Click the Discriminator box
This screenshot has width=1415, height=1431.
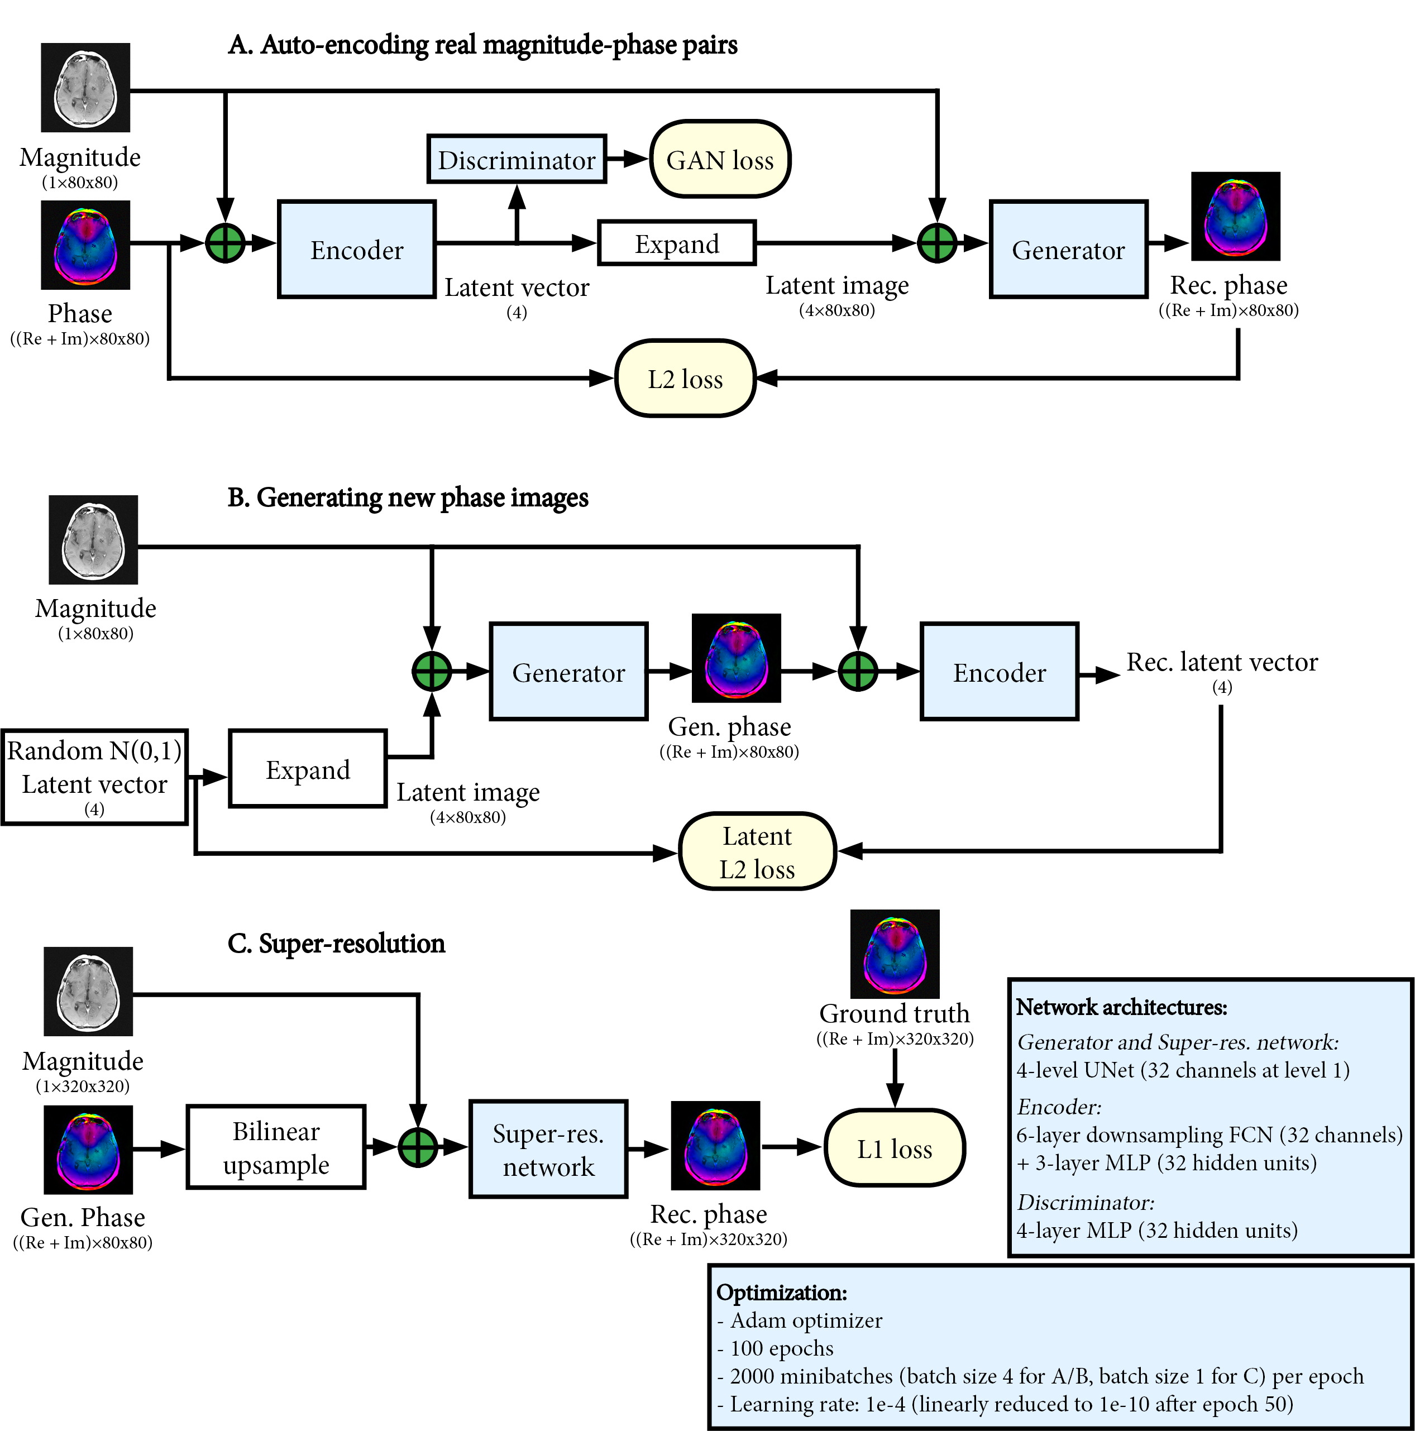(517, 159)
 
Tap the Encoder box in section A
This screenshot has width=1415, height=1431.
(356, 250)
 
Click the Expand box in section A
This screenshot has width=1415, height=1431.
(676, 243)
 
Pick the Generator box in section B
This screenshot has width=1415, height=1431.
(568, 672)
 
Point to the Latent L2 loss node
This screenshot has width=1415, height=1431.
(757, 852)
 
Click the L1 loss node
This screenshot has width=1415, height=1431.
(894, 1148)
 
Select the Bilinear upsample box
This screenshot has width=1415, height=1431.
(276, 1147)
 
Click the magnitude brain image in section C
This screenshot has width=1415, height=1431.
(88, 991)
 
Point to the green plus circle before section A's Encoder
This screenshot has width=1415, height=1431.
(225, 243)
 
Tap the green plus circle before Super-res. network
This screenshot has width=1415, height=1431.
(418, 1147)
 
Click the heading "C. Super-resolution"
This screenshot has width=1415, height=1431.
(336, 944)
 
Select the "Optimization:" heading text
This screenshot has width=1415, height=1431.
(782, 1293)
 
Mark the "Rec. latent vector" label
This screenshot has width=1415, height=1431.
(1222, 662)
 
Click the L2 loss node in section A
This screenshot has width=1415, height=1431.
(685, 379)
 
